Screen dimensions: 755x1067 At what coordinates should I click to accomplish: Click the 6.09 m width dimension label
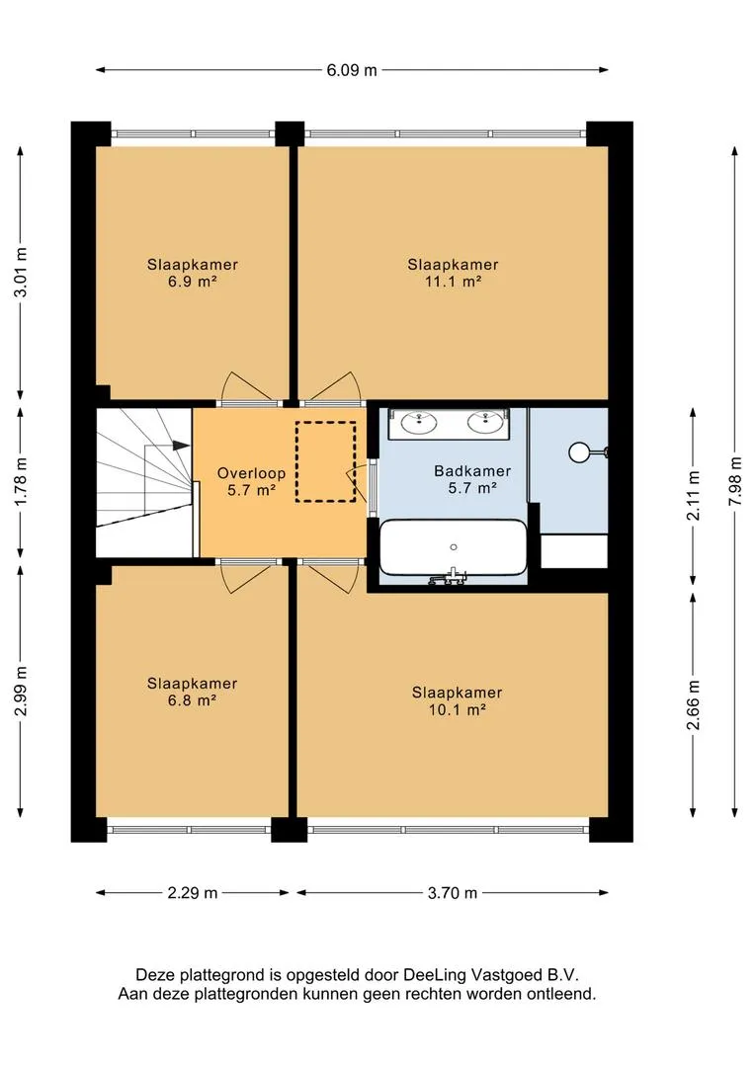[x=351, y=70]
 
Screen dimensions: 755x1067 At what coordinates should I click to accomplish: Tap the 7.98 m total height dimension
[x=734, y=480]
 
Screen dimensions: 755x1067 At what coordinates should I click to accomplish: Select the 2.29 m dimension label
[x=192, y=893]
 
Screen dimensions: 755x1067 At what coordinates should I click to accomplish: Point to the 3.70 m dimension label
[x=452, y=893]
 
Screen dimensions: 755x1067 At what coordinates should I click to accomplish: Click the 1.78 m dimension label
[x=21, y=480]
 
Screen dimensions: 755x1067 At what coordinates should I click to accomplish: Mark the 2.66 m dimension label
[x=693, y=705]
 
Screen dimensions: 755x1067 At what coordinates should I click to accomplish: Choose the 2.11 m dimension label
[x=693, y=496]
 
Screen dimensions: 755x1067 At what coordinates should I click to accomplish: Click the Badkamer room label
[x=472, y=471]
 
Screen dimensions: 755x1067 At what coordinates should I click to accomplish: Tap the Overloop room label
[x=251, y=473]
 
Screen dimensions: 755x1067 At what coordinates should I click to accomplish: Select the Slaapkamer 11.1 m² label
[x=453, y=273]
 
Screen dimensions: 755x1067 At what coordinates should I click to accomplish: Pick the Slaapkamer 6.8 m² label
[x=192, y=692]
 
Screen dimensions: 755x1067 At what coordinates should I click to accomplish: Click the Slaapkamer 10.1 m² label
[x=457, y=700]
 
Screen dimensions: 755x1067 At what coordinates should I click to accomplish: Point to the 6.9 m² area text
[x=192, y=282]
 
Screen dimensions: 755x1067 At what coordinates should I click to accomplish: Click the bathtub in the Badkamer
[x=453, y=547]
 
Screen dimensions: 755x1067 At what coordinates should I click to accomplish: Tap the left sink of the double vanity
[x=419, y=422]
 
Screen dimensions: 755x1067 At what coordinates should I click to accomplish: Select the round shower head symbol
[x=579, y=451]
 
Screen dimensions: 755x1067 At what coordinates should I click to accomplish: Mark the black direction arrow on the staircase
[x=181, y=446]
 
